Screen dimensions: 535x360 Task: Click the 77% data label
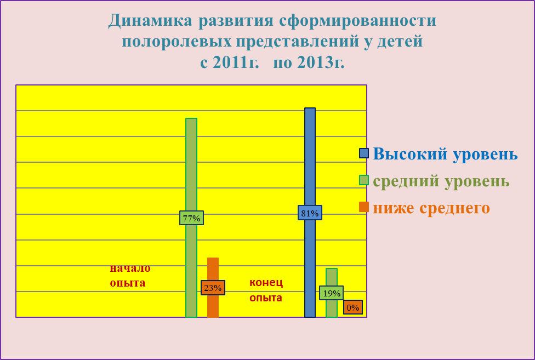tap(191, 218)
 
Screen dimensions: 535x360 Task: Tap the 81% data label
tap(310, 213)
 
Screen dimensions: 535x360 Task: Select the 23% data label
tap(213, 288)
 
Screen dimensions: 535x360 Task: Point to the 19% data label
tap(331, 293)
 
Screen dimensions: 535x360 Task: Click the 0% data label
tap(353, 307)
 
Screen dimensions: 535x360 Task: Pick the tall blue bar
tap(310, 213)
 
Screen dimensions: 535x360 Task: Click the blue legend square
tap(364, 153)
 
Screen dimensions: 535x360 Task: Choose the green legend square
tap(364, 180)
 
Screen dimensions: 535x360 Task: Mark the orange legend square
tap(364, 207)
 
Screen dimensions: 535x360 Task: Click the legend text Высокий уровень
tap(445, 154)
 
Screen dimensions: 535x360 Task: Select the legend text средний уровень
tap(441, 181)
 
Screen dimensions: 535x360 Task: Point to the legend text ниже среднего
tap(431, 208)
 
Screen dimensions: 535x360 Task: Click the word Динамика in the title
tap(150, 20)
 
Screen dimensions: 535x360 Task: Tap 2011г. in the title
tap(236, 62)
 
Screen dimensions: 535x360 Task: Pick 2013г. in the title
tap(321, 62)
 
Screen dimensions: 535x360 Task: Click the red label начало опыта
tap(130, 276)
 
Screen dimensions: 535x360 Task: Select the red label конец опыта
tap(266, 290)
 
